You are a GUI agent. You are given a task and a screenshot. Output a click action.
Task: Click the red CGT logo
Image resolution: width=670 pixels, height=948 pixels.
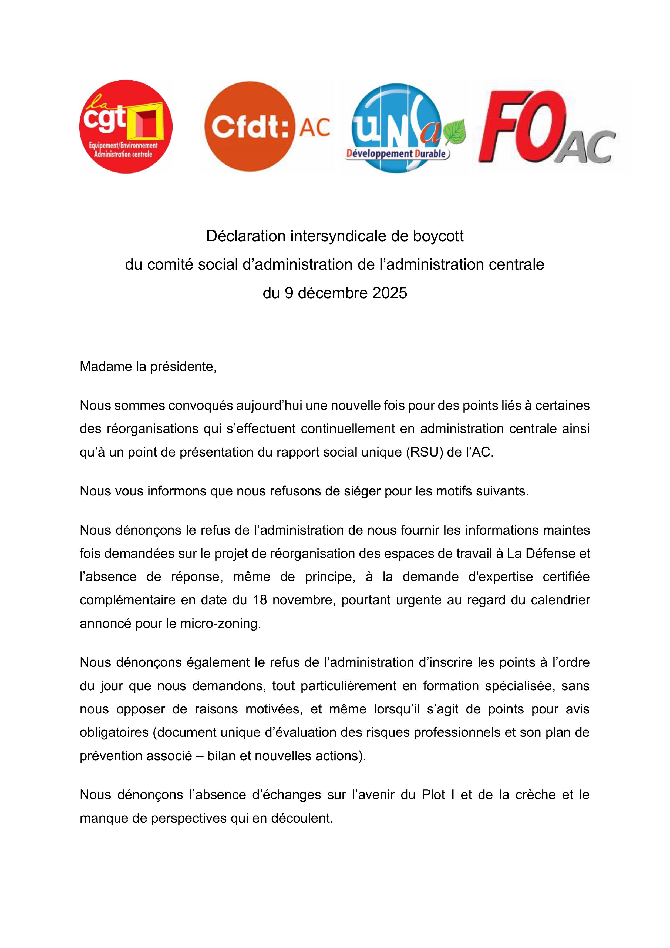tap(126, 126)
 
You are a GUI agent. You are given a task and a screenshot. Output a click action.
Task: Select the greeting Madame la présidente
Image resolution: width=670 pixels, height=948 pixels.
tap(148, 366)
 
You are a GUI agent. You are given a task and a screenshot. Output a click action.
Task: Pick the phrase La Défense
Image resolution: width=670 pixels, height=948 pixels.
tap(539, 553)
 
